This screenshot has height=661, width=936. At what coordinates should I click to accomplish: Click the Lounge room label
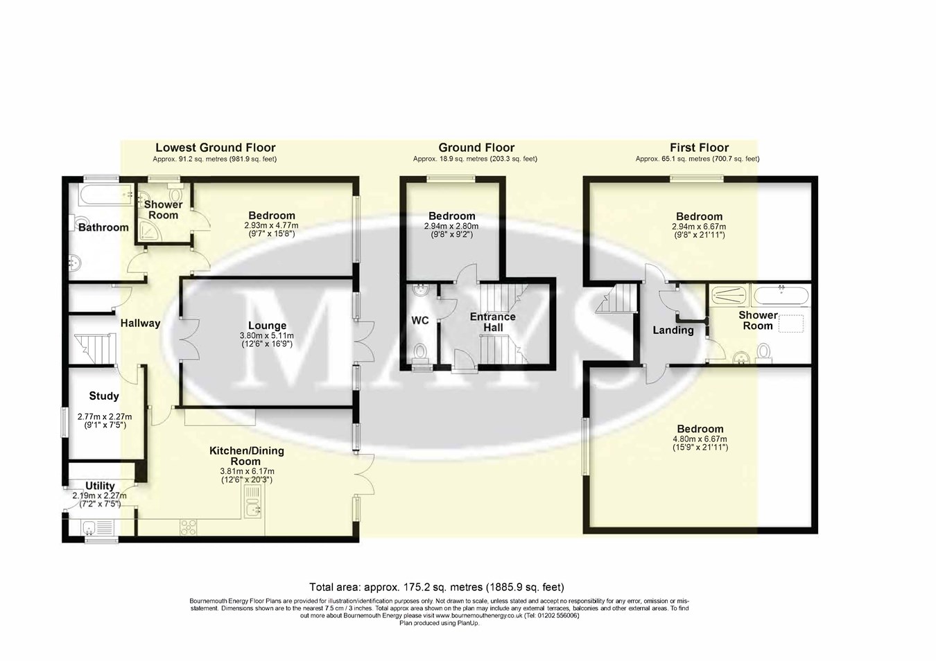click(267, 326)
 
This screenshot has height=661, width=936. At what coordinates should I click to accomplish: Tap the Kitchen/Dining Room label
click(247, 456)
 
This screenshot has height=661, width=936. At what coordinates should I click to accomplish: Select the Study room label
click(104, 396)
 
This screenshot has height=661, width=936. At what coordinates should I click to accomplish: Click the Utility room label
click(100, 486)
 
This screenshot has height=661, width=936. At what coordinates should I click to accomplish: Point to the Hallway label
click(140, 323)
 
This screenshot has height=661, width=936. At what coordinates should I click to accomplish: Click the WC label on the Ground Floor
click(420, 321)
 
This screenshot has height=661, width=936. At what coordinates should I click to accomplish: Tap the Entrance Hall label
click(493, 321)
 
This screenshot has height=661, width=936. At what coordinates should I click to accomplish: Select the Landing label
click(673, 330)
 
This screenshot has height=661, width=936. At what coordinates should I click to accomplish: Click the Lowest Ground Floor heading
click(215, 148)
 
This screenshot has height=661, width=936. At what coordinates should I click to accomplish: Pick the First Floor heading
click(699, 148)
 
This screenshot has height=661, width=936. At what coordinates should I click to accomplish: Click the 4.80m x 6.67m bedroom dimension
click(699, 439)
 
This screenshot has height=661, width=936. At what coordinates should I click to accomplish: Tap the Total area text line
click(432, 587)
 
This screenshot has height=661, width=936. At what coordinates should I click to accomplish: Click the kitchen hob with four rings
click(189, 528)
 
